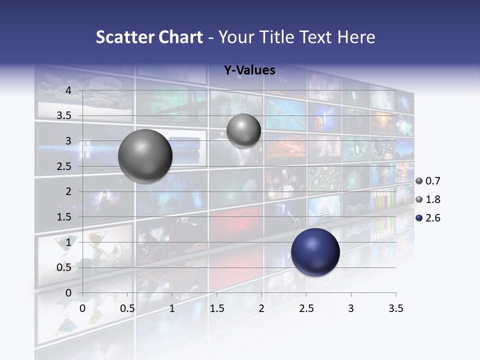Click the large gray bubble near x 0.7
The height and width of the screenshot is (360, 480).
(145, 156)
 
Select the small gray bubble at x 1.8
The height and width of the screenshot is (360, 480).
(243, 130)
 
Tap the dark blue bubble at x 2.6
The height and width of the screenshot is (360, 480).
(315, 252)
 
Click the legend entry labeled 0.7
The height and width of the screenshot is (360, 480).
(428, 181)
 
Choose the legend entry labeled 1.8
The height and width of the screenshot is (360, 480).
(428, 199)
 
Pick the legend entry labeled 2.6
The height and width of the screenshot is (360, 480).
(428, 218)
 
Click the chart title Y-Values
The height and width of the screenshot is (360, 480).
(249, 70)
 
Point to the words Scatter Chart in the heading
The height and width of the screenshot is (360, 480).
(149, 37)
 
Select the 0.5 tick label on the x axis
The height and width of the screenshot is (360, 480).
(127, 308)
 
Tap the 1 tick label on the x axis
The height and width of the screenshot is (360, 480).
(172, 308)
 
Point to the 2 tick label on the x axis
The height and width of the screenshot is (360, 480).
(261, 308)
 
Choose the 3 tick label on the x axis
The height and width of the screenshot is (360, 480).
(351, 308)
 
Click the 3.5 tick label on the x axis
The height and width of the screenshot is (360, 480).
(395, 308)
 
